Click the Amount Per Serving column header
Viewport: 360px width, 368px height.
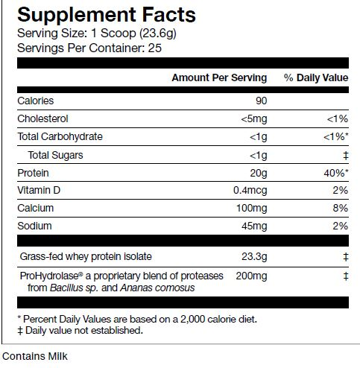point(219,78)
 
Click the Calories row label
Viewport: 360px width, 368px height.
point(36,101)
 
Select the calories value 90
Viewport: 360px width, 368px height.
point(260,101)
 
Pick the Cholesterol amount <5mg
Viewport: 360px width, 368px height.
point(253,118)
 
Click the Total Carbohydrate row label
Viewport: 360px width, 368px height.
point(60,136)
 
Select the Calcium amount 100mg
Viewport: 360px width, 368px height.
point(251,208)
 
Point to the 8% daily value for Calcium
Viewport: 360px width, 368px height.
point(341,208)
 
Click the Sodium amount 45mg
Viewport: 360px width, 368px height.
point(253,226)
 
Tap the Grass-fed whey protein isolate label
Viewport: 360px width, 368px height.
point(86,257)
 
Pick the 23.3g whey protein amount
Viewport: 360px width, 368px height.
point(254,257)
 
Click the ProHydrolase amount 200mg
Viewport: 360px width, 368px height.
point(251,276)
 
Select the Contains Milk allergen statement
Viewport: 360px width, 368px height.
point(35,356)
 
